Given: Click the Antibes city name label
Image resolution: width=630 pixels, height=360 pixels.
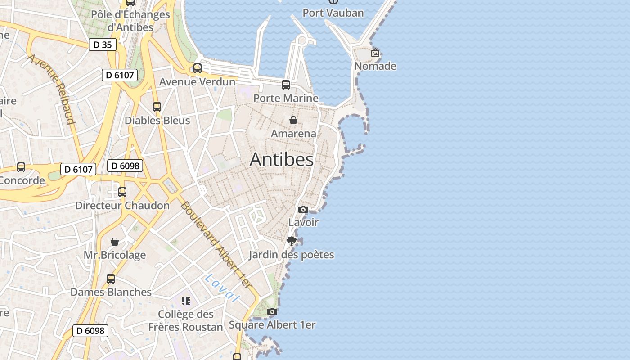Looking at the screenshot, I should [282, 159].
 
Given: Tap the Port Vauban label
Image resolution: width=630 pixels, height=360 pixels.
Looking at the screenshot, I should [333, 13].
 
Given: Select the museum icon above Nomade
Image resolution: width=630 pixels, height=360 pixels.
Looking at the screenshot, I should [375, 53].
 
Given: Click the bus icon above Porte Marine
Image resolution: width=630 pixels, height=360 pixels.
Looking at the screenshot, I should [286, 85].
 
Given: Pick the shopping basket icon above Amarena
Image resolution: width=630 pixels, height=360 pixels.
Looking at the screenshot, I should [293, 120].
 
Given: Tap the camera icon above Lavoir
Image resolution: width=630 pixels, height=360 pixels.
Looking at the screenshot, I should [303, 209].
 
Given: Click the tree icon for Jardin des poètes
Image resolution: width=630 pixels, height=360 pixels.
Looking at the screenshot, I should [292, 241].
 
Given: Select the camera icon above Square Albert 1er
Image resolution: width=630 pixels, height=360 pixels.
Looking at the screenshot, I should [272, 311].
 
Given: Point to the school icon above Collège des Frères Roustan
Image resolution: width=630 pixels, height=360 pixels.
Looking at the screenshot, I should [186, 301].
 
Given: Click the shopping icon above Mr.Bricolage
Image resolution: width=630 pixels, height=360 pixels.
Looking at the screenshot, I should [115, 242].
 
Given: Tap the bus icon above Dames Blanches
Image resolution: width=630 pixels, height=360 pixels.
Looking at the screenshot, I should [111, 279].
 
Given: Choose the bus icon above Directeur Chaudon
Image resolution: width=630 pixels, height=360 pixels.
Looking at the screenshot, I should [122, 192].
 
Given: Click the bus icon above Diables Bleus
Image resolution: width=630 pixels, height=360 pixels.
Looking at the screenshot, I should [157, 107].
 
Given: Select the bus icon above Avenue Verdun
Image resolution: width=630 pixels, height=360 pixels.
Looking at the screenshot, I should [198, 68].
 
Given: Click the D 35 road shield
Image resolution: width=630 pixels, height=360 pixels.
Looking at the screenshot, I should [103, 45].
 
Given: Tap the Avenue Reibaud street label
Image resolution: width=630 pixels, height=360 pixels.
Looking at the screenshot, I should [52, 88].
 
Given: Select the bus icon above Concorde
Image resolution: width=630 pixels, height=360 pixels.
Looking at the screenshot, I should [21, 167].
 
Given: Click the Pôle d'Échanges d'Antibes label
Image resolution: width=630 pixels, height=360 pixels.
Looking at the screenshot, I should [130, 21].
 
